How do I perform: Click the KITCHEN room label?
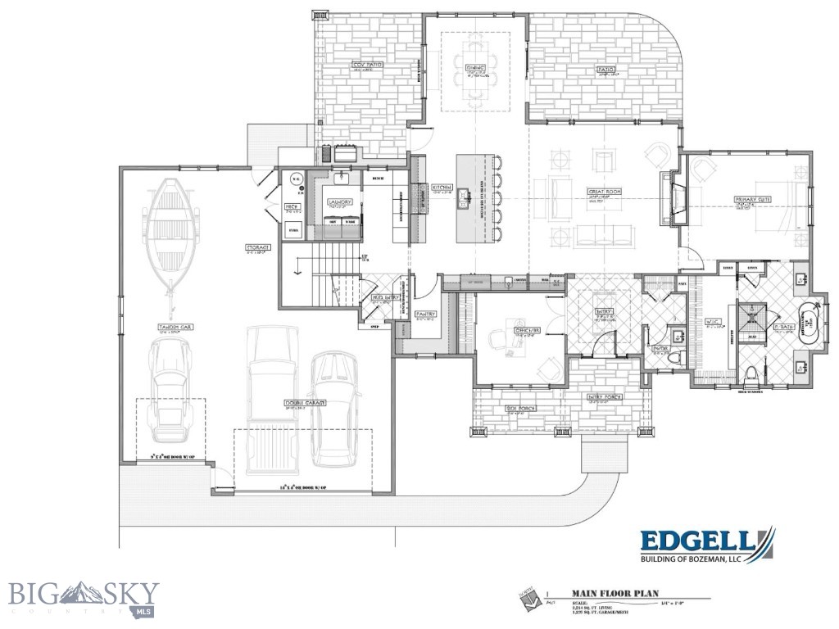tap(442, 188)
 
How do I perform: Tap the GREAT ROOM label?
tap(604, 192)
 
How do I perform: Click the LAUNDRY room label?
tap(339, 201)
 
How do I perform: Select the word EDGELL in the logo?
tap(696, 541)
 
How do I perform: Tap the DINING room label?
tap(476, 67)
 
